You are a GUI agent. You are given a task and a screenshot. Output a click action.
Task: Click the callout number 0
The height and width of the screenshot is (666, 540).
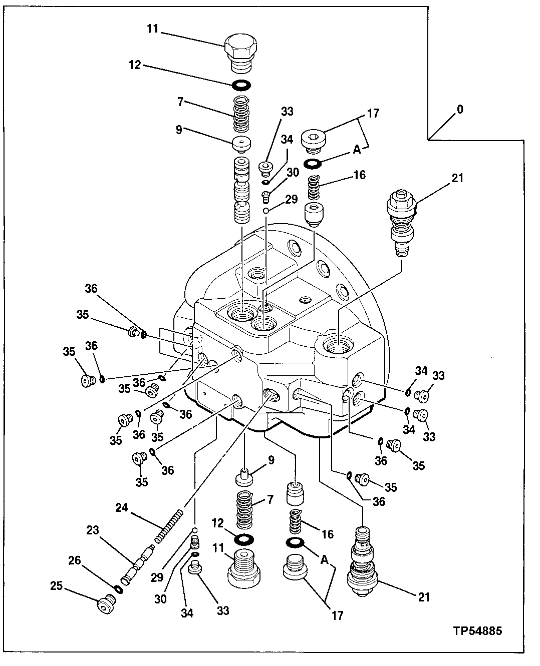point(460,110)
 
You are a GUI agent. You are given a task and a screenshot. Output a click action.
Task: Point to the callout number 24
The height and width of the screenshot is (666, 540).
point(122,507)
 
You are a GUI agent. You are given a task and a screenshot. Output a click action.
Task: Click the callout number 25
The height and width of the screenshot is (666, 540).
point(57,585)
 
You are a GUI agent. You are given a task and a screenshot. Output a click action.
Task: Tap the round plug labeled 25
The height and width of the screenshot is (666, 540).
point(105,605)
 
